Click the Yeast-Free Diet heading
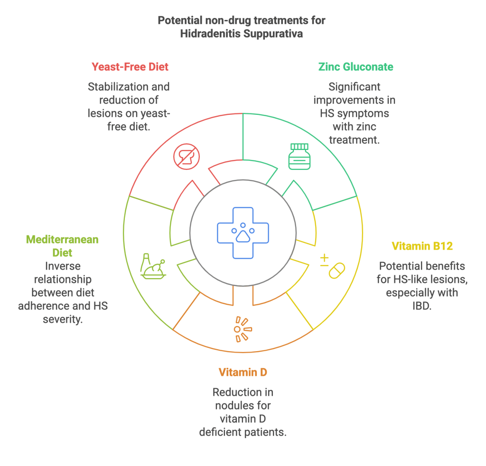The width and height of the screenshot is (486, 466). coord(130,66)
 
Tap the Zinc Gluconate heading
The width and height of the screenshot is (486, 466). coord(356,66)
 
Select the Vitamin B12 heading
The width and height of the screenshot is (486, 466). coord(422,246)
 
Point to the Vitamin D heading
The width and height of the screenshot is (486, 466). coord(243,372)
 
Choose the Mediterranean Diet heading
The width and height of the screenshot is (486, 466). coord(62,246)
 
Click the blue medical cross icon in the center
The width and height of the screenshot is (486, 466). coord(243,233)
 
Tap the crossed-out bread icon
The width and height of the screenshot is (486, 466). coord(187,156)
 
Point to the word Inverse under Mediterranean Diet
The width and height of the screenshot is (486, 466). coord(62,266)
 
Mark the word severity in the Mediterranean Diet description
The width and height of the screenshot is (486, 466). coord(63,319)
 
